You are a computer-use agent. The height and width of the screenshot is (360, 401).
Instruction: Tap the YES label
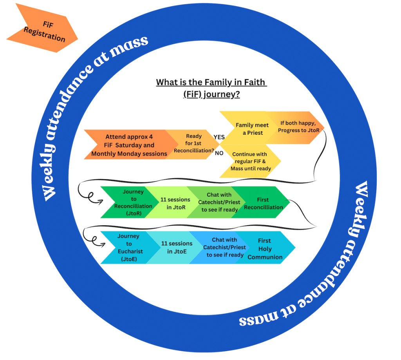point(219,137)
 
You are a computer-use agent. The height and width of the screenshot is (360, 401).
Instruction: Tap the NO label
point(219,153)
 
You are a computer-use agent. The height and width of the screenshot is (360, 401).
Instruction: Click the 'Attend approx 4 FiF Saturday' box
point(129,145)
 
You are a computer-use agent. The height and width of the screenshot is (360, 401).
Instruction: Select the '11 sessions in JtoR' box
point(175,203)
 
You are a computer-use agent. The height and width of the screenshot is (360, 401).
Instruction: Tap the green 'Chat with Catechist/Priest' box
point(219,202)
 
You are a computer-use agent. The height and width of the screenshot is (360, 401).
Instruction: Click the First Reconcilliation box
point(264,203)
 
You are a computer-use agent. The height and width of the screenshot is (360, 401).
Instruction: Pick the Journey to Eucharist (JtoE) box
point(128,247)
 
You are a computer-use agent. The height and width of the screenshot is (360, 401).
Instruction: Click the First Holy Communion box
point(265,248)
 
